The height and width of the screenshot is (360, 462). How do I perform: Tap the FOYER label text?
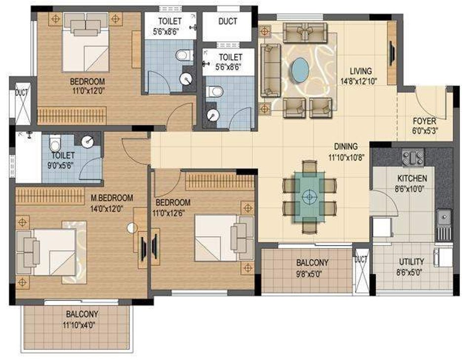[424, 121]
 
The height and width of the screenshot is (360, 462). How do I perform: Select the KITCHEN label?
[413, 178]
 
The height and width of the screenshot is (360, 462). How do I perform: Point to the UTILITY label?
[411, 261]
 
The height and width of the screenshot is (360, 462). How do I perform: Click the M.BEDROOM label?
[112, 198]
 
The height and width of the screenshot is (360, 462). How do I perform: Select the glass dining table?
[310, 196]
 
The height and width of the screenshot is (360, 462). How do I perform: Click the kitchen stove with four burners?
[413, 158]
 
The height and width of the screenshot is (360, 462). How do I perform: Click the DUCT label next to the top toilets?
[227, 21]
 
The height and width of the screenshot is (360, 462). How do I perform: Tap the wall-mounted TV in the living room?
[391, 52]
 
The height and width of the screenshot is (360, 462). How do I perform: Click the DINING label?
[345, 147]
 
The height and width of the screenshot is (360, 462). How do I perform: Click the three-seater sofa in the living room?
[269, 69]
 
